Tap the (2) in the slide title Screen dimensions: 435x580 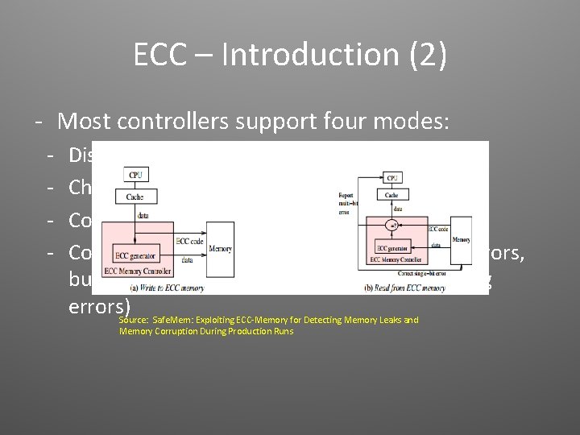click(x=423, y=55)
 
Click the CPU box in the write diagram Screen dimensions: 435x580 click(x=135, y=175)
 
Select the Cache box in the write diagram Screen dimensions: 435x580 click(x=135, y=197)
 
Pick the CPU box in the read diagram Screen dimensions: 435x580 click(x=392, y=177)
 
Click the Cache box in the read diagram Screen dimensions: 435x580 click(x=391, y=194)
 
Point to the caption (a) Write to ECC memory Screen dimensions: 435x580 click(x=168, y=287)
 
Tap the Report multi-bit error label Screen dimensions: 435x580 click(x=346, y=204)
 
